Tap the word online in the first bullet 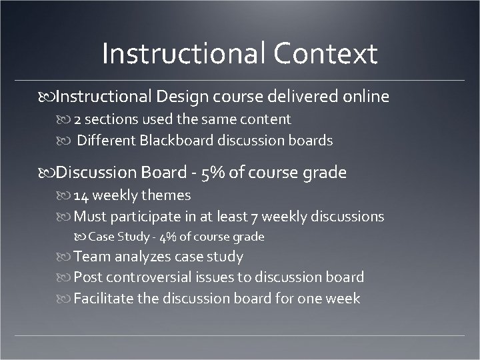click(x=365, y=97)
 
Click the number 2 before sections click(x=77, y=119)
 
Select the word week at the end click(x=343, y=298)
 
